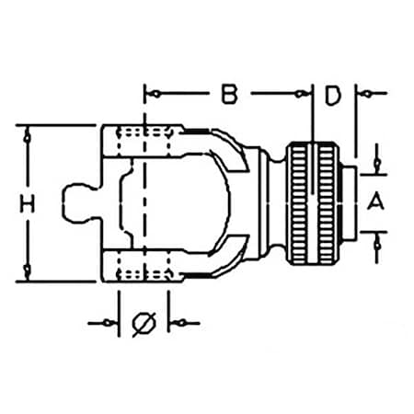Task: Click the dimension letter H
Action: coord(29,205)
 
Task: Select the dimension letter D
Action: coord(333,94)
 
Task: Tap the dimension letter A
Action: coord(374,202)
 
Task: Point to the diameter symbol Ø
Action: coord(144,323)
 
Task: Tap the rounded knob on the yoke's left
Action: coord(84,204)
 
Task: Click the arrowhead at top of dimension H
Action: coord(29,136)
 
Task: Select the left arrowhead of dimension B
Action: coord(157,94)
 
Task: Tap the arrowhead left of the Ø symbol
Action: coord(109,324)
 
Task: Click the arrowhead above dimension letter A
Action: coord(375,164)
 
